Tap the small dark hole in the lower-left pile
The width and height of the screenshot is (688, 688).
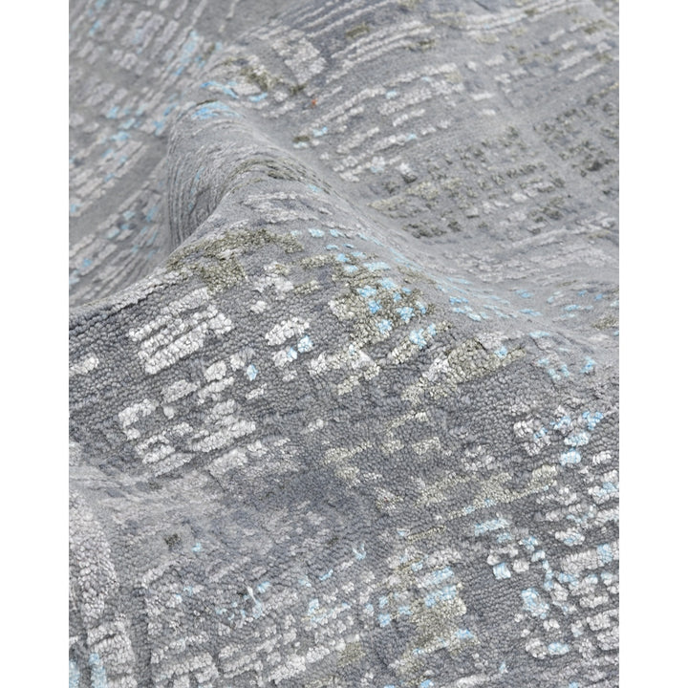tap(173, 541)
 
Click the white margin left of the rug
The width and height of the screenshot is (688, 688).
tap(33, 344)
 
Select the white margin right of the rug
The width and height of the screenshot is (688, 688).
tap(654, 344)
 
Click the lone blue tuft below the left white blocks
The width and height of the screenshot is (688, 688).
tap(251, 372)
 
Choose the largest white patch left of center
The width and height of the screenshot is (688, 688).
tap(182, 330)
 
